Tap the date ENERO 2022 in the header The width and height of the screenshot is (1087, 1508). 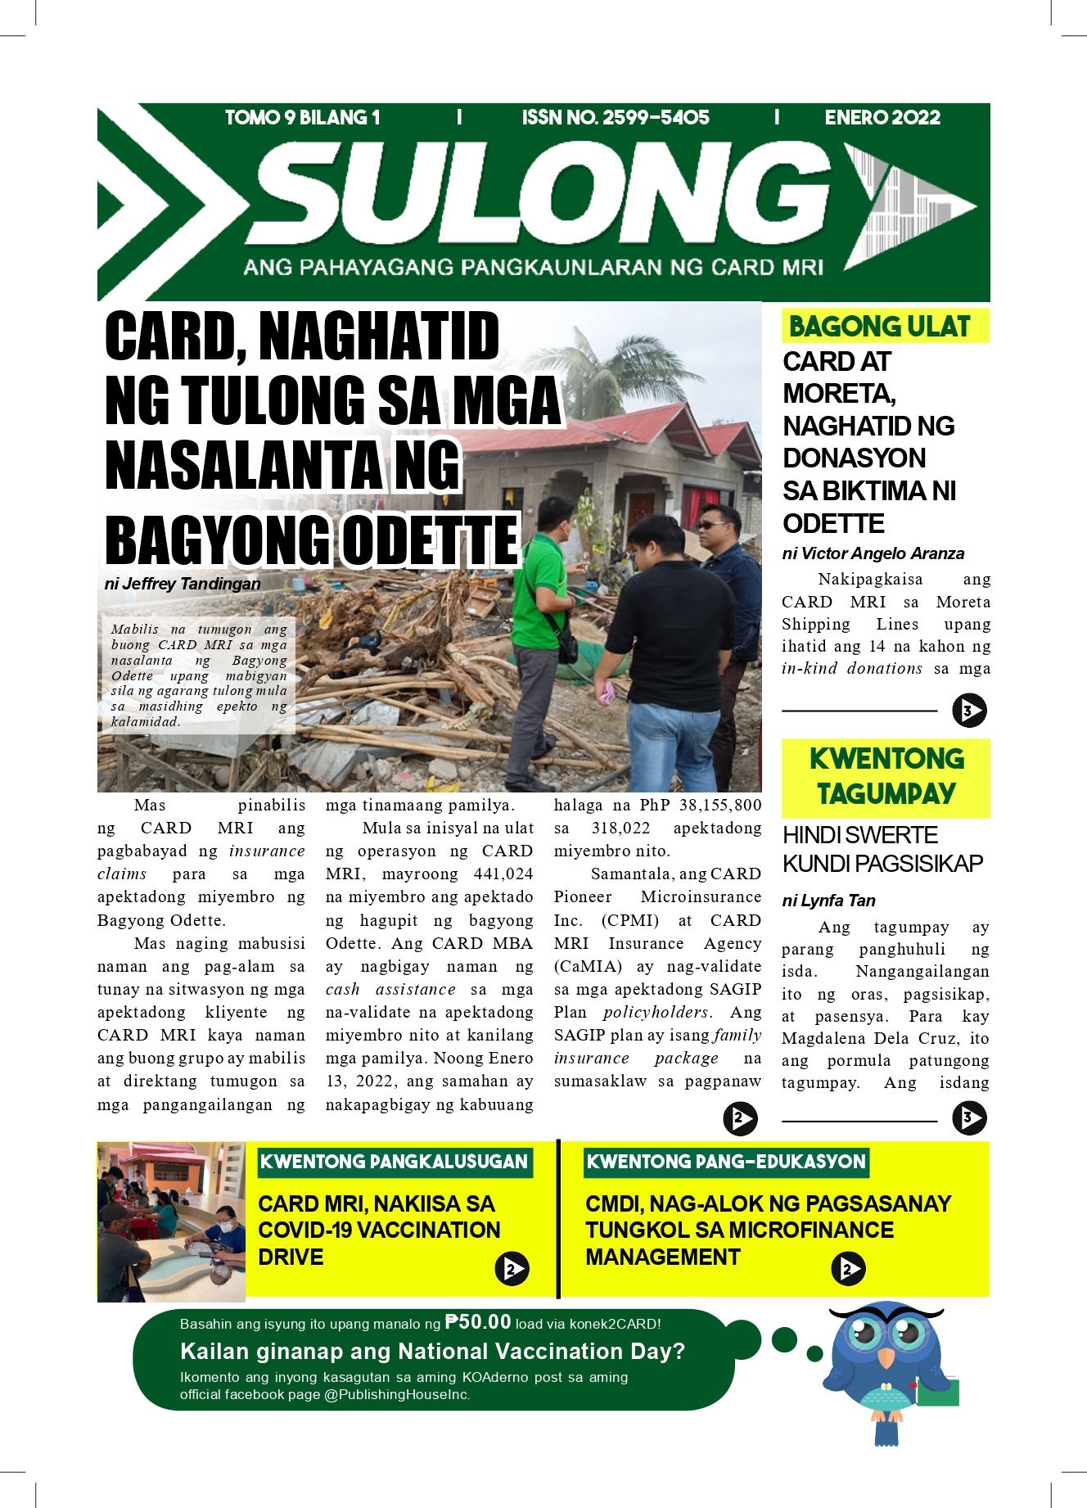point(882,118)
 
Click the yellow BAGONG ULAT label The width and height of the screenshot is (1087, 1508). point(880,327)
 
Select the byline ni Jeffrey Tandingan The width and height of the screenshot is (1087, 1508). point(183,584)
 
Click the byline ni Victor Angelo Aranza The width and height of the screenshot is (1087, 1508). point(873,553)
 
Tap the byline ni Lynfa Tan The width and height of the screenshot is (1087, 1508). point(828,901)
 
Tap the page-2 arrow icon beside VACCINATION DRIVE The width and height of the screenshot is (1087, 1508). point(512,1269)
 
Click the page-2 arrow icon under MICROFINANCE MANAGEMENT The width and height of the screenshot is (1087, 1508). point(848,1269)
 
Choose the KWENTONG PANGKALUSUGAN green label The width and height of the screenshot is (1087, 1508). point(394,1162)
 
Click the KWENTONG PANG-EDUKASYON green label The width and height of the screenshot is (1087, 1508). point(725,1162)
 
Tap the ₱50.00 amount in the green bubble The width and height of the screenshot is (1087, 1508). point(478,1322)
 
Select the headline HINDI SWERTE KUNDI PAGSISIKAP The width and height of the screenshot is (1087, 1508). point(882,849)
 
